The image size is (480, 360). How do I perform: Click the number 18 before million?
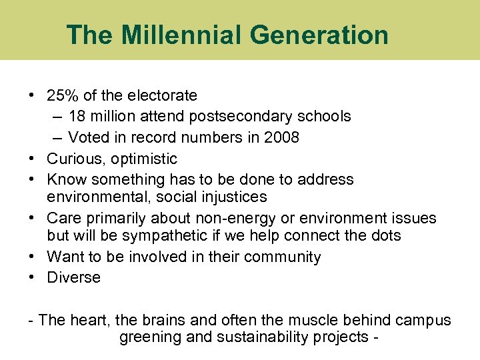[x=77, y=117]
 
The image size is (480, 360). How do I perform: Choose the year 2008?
[x=282, y=137]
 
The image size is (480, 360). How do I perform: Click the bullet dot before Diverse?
[x=32, y=278]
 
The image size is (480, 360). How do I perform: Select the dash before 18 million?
[x=57, y=117]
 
